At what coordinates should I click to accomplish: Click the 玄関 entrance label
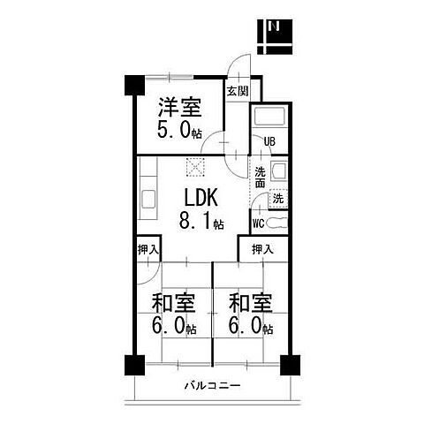click(x=238, y=92)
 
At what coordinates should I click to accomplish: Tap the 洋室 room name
click(x=180, y=107)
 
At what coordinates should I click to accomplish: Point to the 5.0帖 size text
click(x=179, y=130)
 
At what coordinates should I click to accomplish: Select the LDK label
click(x=201, y=197)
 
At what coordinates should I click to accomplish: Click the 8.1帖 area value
click(x=201, y=221)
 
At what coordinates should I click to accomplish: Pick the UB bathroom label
click(x=269, y=141)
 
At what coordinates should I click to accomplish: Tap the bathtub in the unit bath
click(x=269, y=117)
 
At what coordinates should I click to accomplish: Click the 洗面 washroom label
click(x=260, y=178)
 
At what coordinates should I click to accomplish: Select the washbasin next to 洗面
click(x=278, y=170)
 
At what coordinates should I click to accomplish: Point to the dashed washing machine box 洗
click(x=278, y=199)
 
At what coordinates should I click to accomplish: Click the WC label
click(x=259, y=223)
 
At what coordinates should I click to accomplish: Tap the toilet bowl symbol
click(x=276, y=223)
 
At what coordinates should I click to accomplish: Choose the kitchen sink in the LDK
click(x=148, y=199)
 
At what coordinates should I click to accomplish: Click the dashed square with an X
click(x=195, y=167)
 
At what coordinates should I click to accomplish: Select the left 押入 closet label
click(x=148, y=250)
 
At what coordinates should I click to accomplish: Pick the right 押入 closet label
click(x=262, y=250)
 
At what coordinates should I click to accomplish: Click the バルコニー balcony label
click(x=213, y=385)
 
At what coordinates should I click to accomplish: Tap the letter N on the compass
click(x=275, y=26)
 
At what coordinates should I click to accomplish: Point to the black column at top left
click(x=134, y=86)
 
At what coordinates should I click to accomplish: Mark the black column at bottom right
click(x=290, y=365)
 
